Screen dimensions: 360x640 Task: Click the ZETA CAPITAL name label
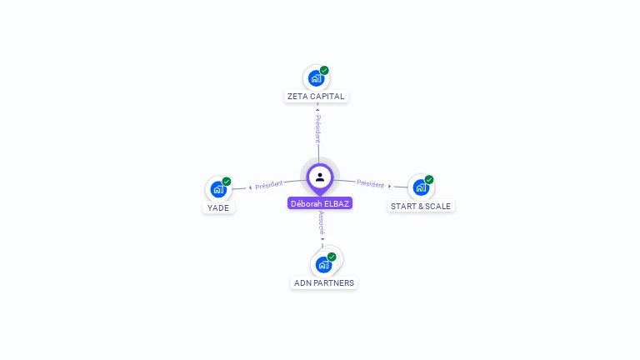coord(316,96)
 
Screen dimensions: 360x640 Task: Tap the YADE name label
coord(218,207)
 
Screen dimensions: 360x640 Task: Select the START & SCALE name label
coord(421,206)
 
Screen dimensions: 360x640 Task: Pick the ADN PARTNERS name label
coord(324,282)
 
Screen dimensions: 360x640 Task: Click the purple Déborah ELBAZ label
coord(320,203)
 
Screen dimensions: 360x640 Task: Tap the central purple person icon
coord(320,177)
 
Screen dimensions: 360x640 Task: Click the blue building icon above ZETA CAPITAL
coord(315,78)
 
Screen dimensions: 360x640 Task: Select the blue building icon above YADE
coord(217,189)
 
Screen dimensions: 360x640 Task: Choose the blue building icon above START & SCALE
coord(420,187)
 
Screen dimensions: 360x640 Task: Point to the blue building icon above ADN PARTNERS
coord(323,265)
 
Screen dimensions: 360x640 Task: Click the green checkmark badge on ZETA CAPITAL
coord(324,70)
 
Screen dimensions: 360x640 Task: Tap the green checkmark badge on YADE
coord(227,181)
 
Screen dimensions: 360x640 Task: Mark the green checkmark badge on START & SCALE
coord(429,179)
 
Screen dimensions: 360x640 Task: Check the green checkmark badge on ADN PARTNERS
coord(332,257)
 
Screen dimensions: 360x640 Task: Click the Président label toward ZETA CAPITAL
coord(317,128)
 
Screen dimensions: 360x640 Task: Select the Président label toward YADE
coord(268,185)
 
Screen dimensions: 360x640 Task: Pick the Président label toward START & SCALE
coord(371,184)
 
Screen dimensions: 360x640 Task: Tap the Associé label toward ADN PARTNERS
coord(322,222)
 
